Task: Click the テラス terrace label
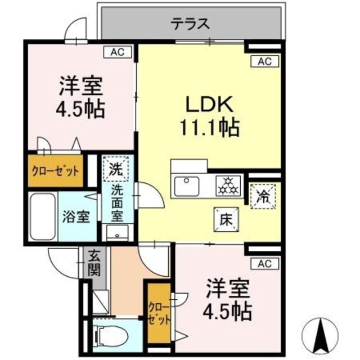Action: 191,24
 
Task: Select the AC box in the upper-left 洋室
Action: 117,52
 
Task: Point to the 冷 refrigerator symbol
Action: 262,197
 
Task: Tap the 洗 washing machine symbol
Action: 115,168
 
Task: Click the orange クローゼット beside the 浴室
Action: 54,171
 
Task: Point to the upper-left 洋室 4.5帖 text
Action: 81,98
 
